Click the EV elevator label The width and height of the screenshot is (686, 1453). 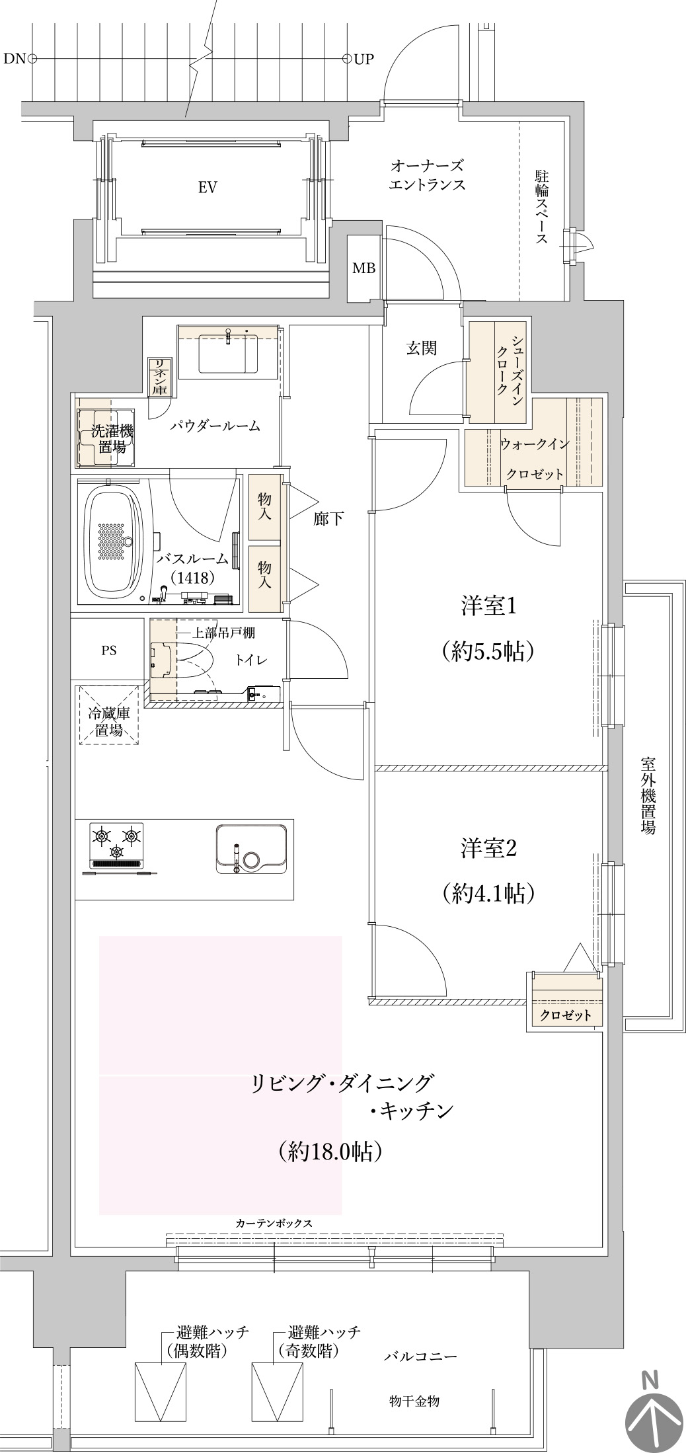[208, 188]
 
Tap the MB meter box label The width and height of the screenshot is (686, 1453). [363, 268]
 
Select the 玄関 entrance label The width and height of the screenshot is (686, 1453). [421, 348]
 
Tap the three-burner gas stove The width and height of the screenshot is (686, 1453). [117, 847]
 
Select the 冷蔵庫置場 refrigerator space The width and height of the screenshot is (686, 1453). [109, 715]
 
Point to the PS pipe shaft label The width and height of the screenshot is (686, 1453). [109, 650]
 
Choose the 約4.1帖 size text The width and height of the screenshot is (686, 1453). [488, 894]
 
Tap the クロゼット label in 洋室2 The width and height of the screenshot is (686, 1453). [566, 1015]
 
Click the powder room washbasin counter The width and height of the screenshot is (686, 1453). [228, 352]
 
